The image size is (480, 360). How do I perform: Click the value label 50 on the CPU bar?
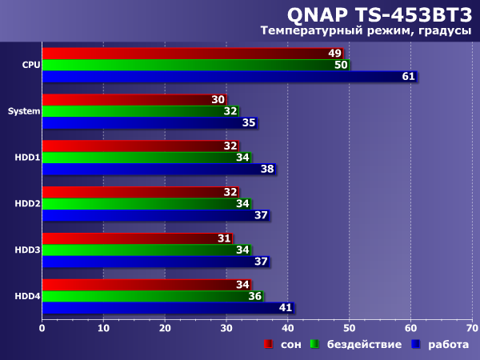[x=341, y=65]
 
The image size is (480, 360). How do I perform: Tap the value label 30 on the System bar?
[x=218, y=100]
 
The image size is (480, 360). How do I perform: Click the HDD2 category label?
[x=27, y=204]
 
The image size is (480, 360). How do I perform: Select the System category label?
[x=24, y=111]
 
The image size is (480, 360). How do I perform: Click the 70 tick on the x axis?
[x=472, y=326]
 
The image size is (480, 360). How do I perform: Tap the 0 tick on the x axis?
[x=42, y=326]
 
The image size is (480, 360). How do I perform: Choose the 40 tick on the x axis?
[x=287, y=326]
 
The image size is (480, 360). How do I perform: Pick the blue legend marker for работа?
[x=416, y=344]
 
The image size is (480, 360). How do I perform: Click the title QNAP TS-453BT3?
[x=381, y=14]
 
